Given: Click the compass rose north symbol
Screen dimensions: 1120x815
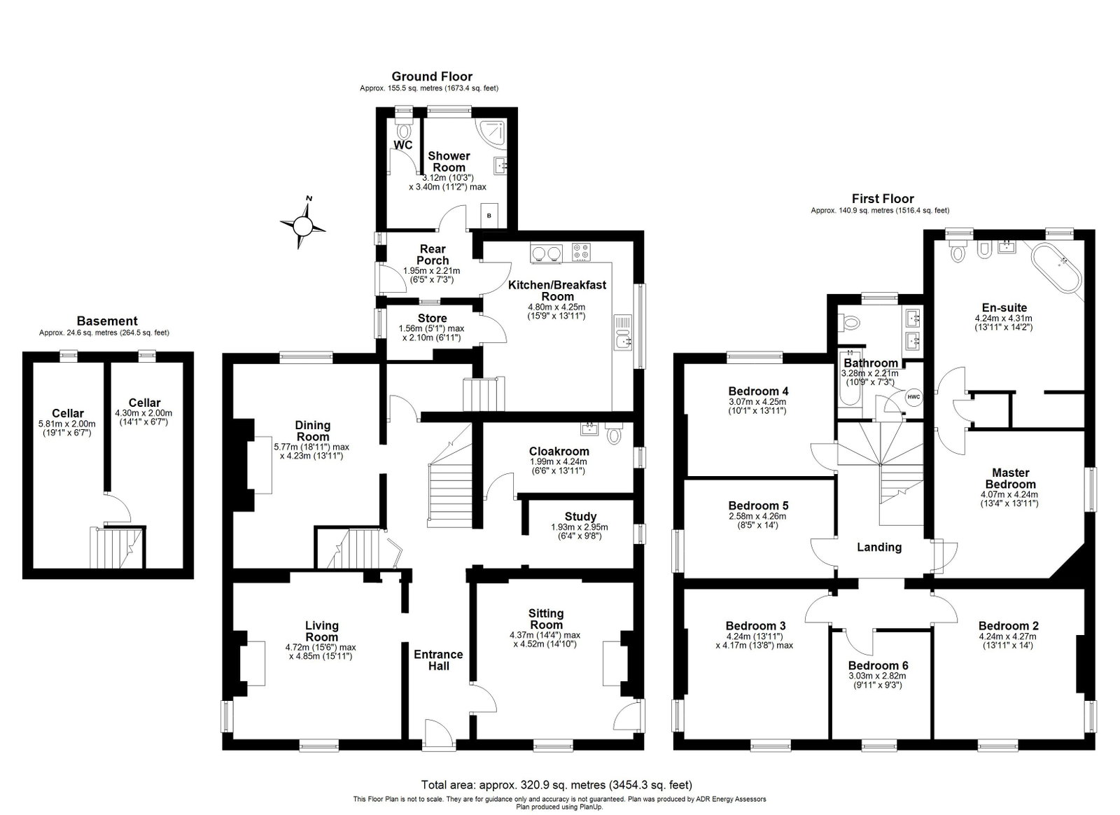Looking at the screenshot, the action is pyautogui.click(x=302, y=225).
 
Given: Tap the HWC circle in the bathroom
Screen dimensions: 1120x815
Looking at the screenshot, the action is pyautogui.click(x=913, y=396).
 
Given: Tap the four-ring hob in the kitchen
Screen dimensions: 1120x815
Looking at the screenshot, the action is pyautogui.click(x=581, y=251).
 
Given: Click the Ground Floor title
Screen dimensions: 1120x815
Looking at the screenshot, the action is pyautogui.click(x=432, y=76).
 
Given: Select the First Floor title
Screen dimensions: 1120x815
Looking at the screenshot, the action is pyautogui.click(x=883, y=199).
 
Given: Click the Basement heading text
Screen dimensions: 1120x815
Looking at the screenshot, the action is pyautogui.click(x=107, y=321).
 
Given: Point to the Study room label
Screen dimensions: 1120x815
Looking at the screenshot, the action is pyautogui.click(x=580, y=517).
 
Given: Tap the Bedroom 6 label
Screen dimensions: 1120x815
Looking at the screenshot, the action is pyautogui.click(x=878, y=665).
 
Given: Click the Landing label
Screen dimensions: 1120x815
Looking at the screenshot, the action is pyautogui.click(x=879, y=547).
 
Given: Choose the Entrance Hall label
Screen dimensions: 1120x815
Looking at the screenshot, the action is pyautogui.click(x=438, y=660).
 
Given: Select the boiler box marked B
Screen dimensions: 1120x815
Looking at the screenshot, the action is pyautogui.click(x=489, y=216).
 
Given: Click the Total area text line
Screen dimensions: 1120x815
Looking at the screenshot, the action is pyautogui.click(x=556, y=784).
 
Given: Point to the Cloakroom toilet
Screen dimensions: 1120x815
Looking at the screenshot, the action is pyautogui.click(x=612, y=433).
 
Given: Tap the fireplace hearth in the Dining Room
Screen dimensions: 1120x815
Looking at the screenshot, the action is pyautogui.click(x=263, y=464).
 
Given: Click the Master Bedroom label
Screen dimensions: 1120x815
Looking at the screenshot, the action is pyautogui.click(x=1011, y=478).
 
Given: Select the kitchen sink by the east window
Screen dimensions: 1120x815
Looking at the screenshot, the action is pyautogui.click(x=623, y=335).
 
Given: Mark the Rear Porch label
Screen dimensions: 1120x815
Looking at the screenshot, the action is pyautogui.click(x=433, y=254).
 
